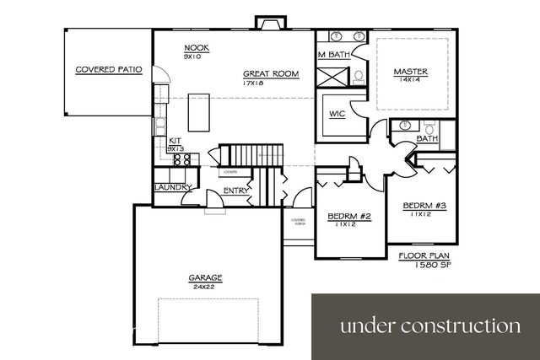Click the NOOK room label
pyautogui.click(x=195, y=48)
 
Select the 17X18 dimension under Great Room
pyautogui.click(x=255, y=83)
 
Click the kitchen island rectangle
pyautogui.click(x=199, y=112)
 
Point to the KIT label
pyautogui.click(x=175, y=141)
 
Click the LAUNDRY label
pyautogui.click(x=173, y=187)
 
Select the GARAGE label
pyautogui.click(x=205, y=277)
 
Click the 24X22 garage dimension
pyautogui.click(x=205, y=287)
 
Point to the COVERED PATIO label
pyautogui.click(x=107, y=70)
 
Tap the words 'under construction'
pyautogui.click(x=430, y=325)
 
